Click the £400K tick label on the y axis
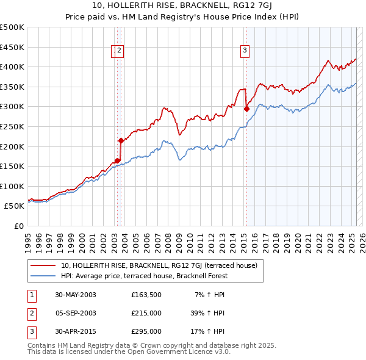click(12, 67)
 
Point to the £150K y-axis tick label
click(12, 166)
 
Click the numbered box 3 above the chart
click(245, 51)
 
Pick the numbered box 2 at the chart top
click(120, 51)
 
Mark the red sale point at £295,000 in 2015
click(246, 109)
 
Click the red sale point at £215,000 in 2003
click(121, 140)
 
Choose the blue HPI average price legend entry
click(144, 276)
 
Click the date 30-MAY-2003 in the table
click(76, 295)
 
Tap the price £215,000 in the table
click(146, 314)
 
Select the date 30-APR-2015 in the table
click(75, 332)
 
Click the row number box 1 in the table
click(30, 295)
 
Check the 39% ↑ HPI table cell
click(207, 314)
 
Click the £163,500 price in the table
click(146, 295)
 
